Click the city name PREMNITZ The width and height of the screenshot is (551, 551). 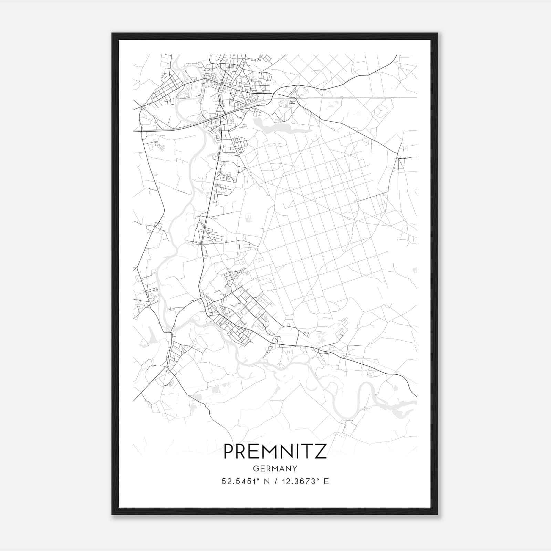point(275,451)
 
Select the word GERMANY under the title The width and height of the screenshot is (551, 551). point(275,468)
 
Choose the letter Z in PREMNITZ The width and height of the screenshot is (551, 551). point(321,451)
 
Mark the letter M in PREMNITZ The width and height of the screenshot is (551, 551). point(268,451)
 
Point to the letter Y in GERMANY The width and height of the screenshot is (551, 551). point(295,468)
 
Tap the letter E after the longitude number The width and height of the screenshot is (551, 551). point(326,481)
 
